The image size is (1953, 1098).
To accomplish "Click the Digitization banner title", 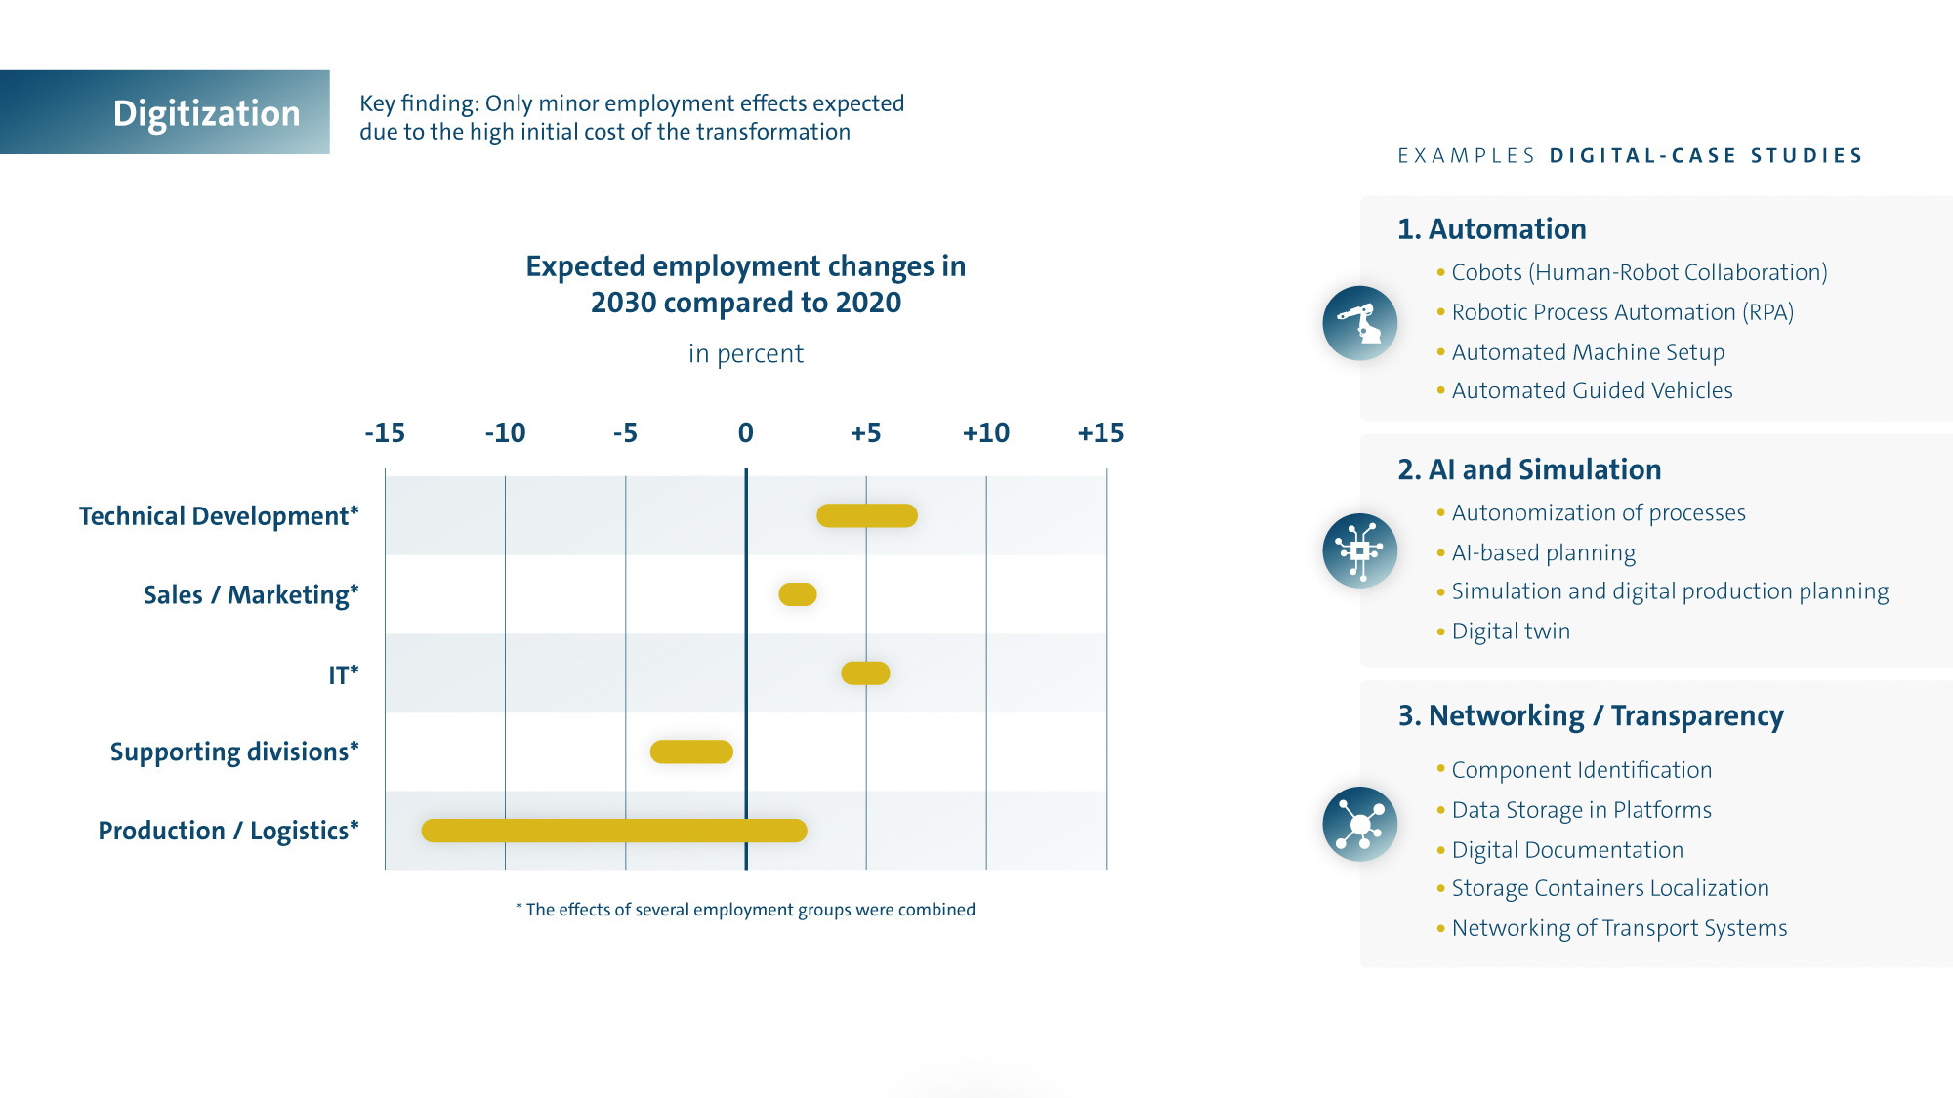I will [x=206, y=113].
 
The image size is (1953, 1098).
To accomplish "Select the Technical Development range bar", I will [x=867, y=515].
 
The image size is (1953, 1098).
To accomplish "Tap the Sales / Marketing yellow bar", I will [x=797, y=593].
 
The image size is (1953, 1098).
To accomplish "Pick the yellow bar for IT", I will [x=865, y=672].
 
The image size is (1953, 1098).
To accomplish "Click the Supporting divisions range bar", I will [x=691, y=752].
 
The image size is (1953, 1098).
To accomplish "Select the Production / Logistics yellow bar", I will [x=614, y=831].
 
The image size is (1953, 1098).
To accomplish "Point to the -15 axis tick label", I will [x=385, y=432].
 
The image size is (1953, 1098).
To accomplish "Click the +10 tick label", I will [x=985, y=432].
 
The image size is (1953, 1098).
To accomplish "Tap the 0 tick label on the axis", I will [x=746, y=432].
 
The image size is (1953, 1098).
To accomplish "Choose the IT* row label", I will [x=343, y=674].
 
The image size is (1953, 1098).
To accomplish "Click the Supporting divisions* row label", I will [x=234, y=752].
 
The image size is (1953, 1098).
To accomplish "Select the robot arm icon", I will [x=1359, y=323].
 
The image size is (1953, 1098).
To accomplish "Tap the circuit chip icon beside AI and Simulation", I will [x=1359, y=550].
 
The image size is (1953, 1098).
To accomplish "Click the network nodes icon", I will [x=1359, y=824].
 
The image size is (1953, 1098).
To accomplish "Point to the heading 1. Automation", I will [x=1491, y=228].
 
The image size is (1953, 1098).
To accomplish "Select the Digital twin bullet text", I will [x=1511, y=631].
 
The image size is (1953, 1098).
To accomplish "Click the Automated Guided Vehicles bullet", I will [x=1592, y=390].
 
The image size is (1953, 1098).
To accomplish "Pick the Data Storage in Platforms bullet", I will [x=1581, y=810].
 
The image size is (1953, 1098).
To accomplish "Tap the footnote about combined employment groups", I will [x=745, y=910].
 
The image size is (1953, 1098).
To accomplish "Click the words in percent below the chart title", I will [x=746, y=353].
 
